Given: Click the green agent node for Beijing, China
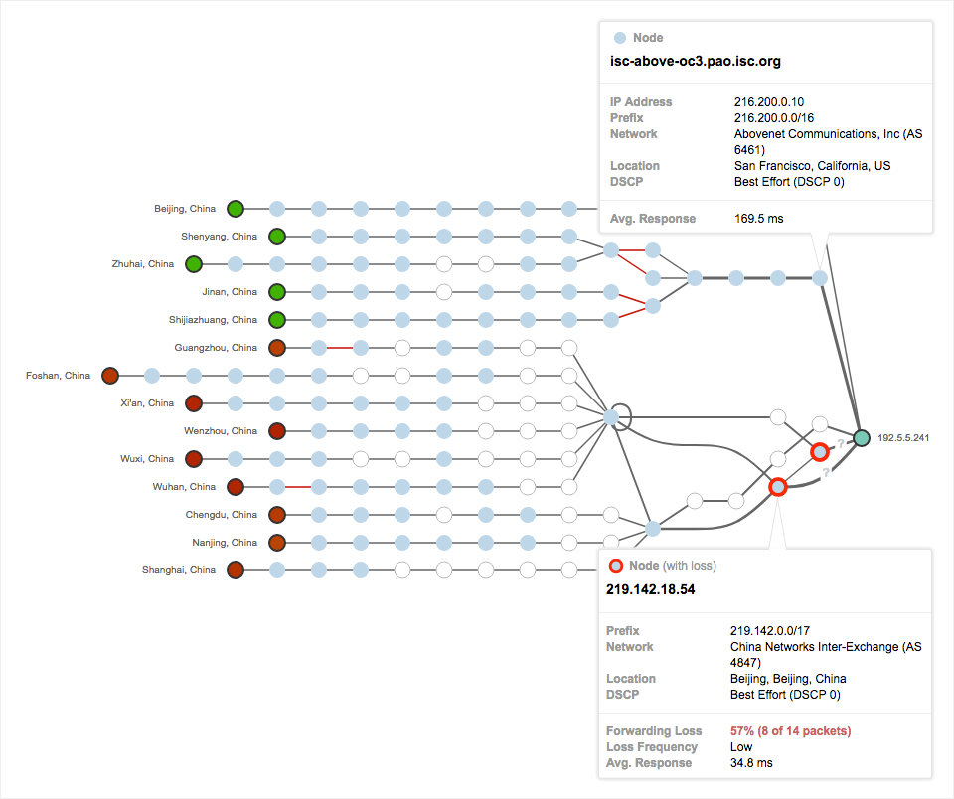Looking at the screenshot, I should click(x=236, y=209).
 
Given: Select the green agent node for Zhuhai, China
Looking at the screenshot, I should click(x=194, y=264).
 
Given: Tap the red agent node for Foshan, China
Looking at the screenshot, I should click(x=110, y=376).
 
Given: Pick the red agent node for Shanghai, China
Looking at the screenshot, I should click(x=236, y=570).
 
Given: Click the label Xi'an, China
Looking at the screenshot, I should click(x=146, y=403).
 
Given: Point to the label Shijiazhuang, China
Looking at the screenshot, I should click(x=213, y=320).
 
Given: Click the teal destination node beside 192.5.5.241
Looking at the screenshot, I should click(x=861, y=436).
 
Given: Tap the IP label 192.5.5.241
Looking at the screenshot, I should click(x=902, y=437).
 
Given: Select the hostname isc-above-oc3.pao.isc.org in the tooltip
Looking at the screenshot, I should click(x=695, y=62).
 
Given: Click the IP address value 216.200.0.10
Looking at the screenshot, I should click(x=769, y=102).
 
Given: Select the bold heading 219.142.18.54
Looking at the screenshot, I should click(x=650, y=589).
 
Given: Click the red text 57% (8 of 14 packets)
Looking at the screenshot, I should click(x=790, y=731).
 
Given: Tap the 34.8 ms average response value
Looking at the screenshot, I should click(x=750, y=763).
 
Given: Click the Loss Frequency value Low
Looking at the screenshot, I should click(x=741, y=747).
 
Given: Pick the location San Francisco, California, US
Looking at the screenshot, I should click(x=812, y=166).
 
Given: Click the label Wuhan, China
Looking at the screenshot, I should click(x=184, y=487).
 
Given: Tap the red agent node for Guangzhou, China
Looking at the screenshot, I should click(x=277, y=348).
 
